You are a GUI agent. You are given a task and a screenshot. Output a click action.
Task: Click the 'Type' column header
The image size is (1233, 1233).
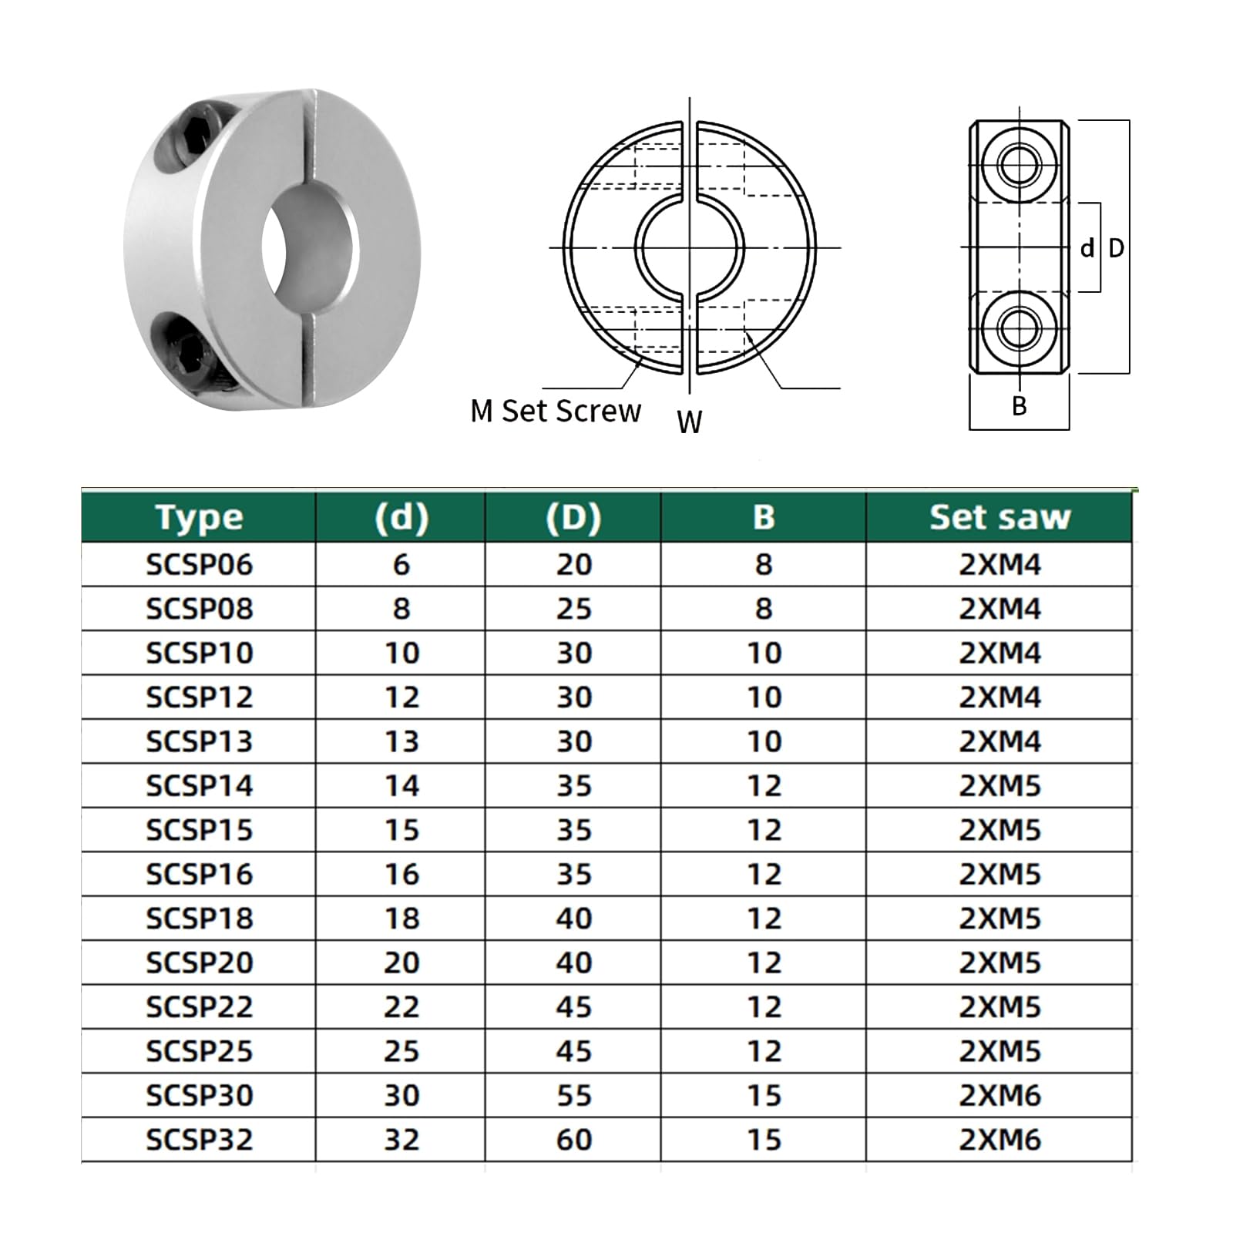[199, 517]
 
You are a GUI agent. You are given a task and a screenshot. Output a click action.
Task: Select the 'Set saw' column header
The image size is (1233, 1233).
[1000, 517]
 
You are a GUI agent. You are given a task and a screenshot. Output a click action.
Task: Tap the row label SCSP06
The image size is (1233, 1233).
[199, 565]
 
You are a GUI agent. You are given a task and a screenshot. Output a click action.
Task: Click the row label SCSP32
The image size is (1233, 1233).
[199, 1140]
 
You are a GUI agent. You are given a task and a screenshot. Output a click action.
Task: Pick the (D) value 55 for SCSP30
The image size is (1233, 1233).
[573, 1095]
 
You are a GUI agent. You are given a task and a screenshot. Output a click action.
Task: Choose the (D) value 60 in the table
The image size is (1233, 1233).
[573, 1140]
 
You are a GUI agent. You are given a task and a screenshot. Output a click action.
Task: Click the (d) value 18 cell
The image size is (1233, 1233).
[401, 919]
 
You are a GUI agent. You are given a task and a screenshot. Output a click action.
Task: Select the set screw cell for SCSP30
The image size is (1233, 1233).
[1000, 1095]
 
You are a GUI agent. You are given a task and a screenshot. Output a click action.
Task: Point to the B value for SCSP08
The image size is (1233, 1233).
[763, 609]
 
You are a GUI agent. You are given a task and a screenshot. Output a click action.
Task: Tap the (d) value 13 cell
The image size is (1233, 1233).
[401, 741]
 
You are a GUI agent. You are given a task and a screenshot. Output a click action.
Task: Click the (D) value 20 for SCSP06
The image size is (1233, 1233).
[573, 565]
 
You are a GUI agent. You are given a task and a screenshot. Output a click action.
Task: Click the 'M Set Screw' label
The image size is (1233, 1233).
[555, 412]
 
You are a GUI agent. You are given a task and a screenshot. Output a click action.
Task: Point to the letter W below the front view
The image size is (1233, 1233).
[689, 422]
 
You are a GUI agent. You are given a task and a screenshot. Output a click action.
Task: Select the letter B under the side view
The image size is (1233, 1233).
[1019, 406]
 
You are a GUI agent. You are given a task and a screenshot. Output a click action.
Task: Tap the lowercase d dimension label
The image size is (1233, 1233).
[1087, 248]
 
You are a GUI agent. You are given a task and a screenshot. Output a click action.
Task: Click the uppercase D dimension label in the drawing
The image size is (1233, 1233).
[1116, 248]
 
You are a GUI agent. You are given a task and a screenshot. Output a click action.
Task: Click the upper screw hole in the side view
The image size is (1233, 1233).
[1019, 165]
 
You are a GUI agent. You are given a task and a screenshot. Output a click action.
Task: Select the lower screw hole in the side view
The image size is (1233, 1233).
[1019, 329]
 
